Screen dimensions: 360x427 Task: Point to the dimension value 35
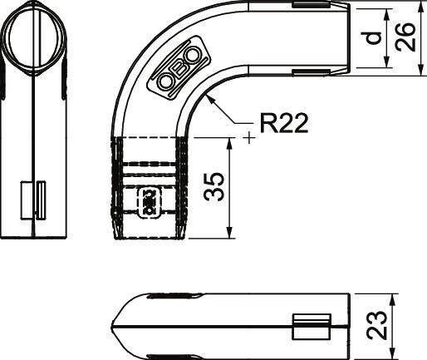(215, 187)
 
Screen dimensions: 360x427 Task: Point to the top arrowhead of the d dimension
(387, 12)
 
